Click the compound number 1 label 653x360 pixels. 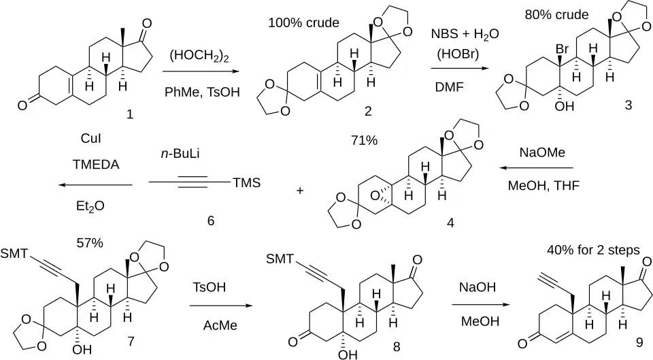point(130,114)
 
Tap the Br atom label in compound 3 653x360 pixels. point(562,49)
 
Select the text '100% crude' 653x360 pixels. point(303,22)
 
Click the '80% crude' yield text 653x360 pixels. point(556,14)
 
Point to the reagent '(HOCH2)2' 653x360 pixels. point(199,55)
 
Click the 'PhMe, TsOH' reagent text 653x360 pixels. point(203,92)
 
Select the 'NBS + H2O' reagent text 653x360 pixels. point(465,34)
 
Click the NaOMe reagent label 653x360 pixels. point(542,152)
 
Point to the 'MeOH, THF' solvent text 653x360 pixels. point(543,185)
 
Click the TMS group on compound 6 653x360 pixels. point(246,182)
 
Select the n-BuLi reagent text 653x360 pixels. point(180,154)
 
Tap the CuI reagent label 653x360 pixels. point(90,138)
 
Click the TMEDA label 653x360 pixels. point(96,165)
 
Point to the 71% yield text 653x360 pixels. point(364,140)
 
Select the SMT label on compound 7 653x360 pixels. point(14,253)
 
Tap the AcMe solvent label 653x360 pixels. point(220,325)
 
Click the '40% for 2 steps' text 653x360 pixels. point(593,250)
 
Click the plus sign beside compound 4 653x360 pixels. point(300,191)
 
